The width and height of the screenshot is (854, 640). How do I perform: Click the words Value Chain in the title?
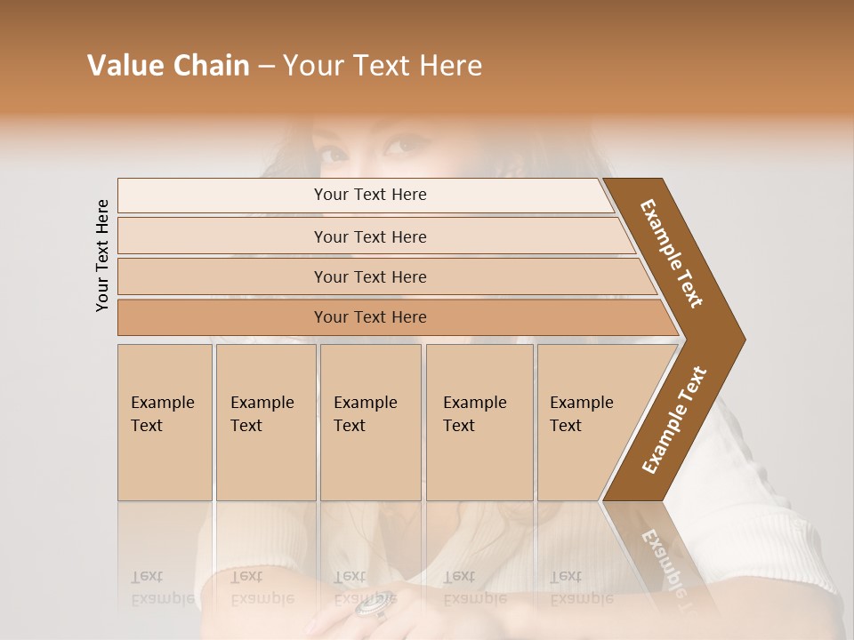tap(168, 66)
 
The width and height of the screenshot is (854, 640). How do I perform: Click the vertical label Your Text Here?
tap(102, 255)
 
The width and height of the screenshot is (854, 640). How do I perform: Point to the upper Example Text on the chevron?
tap(672, 253)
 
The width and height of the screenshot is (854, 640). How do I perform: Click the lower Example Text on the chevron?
tap(674, 420)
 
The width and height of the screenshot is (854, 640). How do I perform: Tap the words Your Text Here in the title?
tap(383, 66)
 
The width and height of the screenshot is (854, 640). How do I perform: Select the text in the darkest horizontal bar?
tap(370, 317)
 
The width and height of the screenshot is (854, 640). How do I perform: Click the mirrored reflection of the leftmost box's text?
tap(162, 588)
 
